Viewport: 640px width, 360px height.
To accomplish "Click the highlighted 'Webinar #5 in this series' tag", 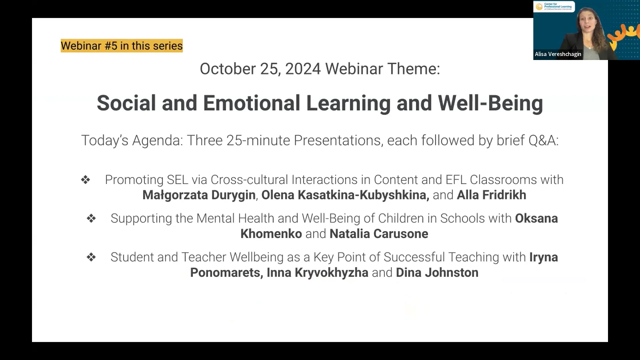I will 122,46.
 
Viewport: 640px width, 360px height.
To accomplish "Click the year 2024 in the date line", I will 303,69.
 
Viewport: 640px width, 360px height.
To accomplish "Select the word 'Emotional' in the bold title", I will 252,103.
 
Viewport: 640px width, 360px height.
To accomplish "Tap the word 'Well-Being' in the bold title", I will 490,103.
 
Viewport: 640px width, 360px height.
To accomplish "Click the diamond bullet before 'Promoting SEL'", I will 86,180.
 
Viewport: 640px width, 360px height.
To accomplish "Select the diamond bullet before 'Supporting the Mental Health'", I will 91,218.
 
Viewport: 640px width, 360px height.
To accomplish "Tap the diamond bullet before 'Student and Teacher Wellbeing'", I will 91,257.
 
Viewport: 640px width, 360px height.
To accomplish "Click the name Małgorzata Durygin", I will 199,195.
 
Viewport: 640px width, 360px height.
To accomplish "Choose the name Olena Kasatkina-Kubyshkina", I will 345,195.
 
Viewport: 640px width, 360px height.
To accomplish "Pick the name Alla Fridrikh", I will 491,195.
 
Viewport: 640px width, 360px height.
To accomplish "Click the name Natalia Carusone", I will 379,234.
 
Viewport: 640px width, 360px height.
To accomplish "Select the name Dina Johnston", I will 437,273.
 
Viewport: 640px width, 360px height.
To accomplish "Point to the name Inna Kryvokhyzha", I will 317,273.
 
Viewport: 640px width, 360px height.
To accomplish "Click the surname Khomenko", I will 271,234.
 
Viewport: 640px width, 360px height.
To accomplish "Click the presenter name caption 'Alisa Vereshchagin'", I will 558,54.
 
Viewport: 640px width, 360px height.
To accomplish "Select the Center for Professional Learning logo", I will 554,7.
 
